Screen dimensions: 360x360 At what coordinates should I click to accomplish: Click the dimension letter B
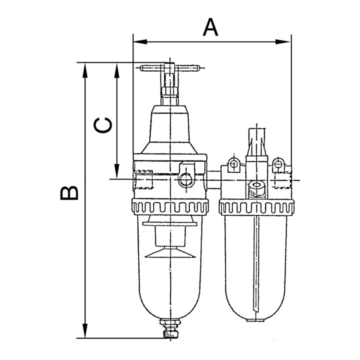click(x=69, y=192)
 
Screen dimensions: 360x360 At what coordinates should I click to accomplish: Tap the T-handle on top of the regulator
click(x=169, y=67)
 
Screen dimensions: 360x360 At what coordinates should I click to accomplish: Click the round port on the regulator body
click(x=184, y=179)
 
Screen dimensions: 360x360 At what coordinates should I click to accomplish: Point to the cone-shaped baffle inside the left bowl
click(x=169, y=253)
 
